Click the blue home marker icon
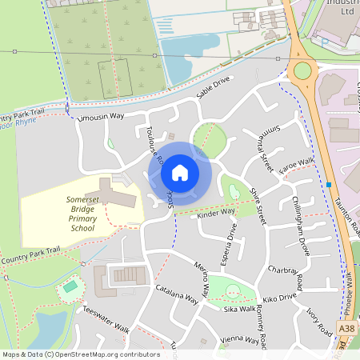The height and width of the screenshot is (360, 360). (x=180, y=171)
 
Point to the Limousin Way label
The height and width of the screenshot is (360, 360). (x=100, y=117)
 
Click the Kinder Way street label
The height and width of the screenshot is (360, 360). (x=215, y=211)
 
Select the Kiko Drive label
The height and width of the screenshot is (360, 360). (x=279, y=298)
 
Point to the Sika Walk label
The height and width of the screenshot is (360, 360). (x=240, y=308)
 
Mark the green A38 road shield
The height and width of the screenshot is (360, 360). (x=346, y=328)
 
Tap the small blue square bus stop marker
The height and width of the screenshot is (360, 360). (x=329, y=186)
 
